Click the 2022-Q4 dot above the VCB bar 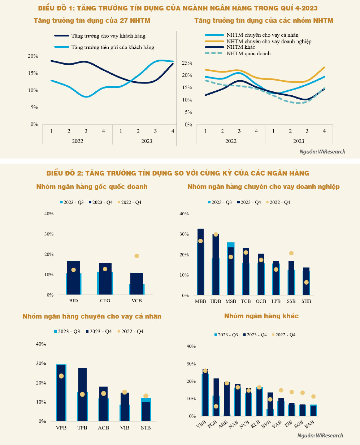137,256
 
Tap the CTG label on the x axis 105,301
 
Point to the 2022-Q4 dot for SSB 291,253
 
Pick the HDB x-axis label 216,301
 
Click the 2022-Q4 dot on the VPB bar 61,376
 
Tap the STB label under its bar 146,428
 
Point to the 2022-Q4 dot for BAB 313,397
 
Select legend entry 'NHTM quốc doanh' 248,53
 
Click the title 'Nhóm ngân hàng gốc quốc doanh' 92,187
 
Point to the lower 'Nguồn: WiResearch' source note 320,435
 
